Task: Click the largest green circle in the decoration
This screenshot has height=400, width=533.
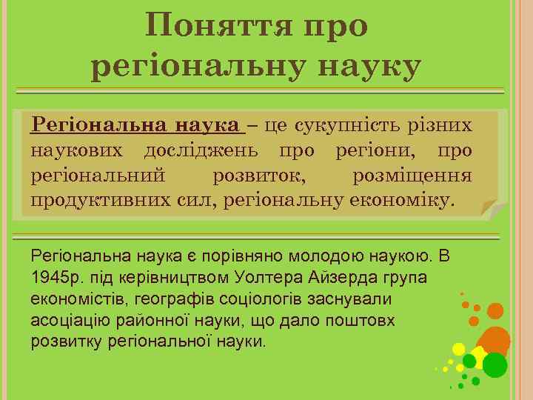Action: point(495,364)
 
